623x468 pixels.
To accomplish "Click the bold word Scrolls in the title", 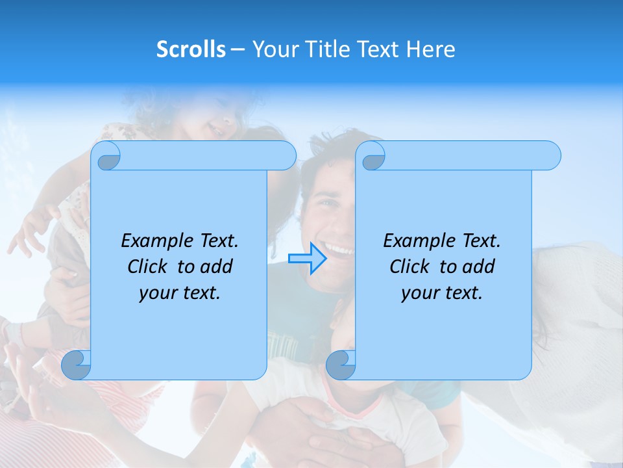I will [x=191, y=49].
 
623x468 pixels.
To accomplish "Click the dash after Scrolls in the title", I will [x=238, y=50].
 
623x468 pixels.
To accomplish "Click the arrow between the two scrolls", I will [x=308, y=258].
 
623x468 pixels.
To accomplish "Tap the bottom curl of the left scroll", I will [x=77, y=365].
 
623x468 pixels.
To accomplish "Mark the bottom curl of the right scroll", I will [x=341, y=365].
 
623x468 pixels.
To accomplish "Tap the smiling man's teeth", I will [x=339, y=248].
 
